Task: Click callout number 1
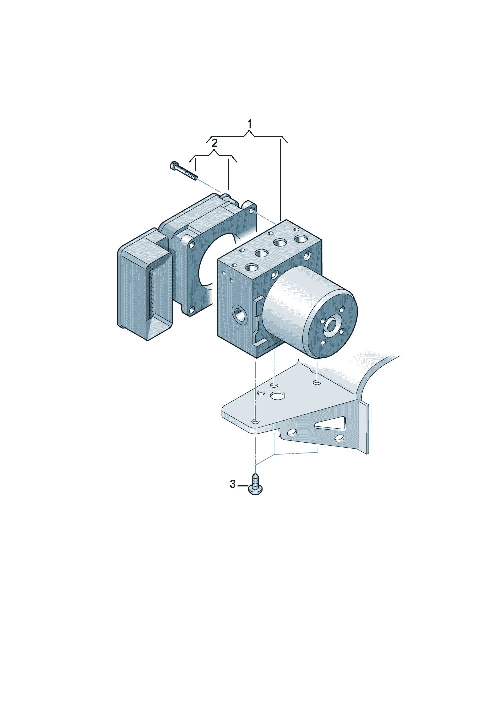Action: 249,124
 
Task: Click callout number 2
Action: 214,143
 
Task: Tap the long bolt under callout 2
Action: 184,171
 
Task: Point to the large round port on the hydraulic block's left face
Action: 239,316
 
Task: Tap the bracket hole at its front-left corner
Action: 256,422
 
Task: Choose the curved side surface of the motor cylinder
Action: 293,300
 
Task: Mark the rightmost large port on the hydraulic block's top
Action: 301,240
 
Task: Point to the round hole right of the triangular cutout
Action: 339,438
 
